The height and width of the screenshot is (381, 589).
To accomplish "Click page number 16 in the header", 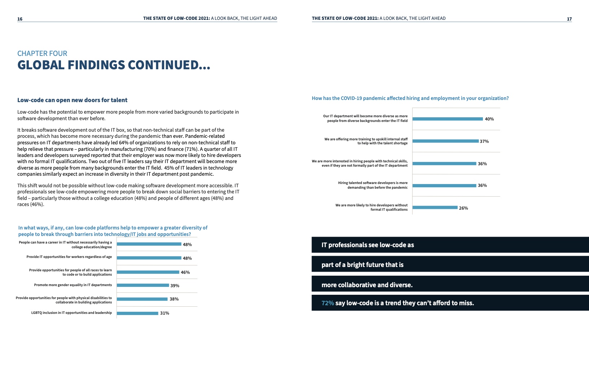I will point(20,19).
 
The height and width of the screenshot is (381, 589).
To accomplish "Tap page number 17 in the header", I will point(569,19).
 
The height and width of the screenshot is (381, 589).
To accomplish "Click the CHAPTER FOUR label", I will point(42,53).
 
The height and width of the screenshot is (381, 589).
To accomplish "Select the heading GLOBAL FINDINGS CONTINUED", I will point(114,65).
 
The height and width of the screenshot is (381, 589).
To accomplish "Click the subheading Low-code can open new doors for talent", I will point(72,100).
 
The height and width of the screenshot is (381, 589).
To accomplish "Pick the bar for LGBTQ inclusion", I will point(138,313).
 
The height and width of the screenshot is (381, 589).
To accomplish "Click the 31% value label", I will point(165,313).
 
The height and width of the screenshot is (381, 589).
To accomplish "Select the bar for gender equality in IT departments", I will point(143,285).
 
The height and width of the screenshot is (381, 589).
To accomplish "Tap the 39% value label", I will point(175,285).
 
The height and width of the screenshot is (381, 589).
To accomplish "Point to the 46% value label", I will point(185,272).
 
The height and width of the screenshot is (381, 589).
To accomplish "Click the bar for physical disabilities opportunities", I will point(142,299).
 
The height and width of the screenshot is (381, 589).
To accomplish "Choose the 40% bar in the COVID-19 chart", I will point(448,119).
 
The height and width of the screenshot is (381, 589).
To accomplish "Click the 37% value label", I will point(484,141).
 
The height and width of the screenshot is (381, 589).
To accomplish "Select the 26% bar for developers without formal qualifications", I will point(435,207).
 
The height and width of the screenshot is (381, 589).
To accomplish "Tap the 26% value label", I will point(463,208).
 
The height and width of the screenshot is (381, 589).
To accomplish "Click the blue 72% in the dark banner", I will point(328,303).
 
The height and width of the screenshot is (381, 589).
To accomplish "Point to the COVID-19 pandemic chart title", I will point(410,98).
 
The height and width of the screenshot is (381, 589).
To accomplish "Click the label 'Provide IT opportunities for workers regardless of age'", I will point(69,257).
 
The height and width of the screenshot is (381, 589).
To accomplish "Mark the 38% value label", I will point(174,299).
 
